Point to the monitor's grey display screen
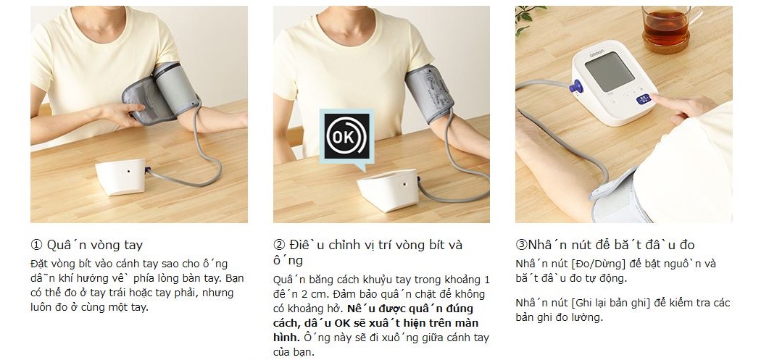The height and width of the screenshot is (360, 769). coord(610,72)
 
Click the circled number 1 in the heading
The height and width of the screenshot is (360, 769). coord(36,245)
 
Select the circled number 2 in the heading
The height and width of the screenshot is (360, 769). coord(279,245)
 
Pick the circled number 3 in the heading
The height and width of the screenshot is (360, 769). coord(521,245)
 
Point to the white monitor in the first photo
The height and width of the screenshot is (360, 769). coord(120,177)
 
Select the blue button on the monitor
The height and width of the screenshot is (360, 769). coord(644,99)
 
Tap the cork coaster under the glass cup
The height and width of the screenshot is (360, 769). coord(666,45)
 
